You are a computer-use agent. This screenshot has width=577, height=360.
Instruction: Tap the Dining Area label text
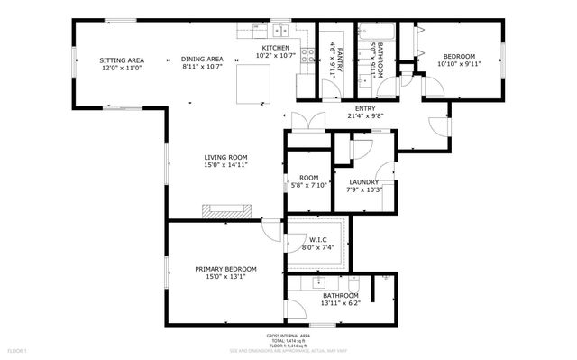(x=202, y=60)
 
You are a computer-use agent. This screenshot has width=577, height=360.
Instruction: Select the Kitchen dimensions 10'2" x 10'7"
(x=275, y=55)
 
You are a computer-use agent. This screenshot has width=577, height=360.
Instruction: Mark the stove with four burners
(x=306, y=55)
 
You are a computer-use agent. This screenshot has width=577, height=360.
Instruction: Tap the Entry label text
(x=365, y=107)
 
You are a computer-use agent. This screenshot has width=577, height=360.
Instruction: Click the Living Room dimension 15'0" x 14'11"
(x=224, y=165)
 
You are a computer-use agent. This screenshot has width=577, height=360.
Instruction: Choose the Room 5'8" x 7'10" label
(x=309, y=181)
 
